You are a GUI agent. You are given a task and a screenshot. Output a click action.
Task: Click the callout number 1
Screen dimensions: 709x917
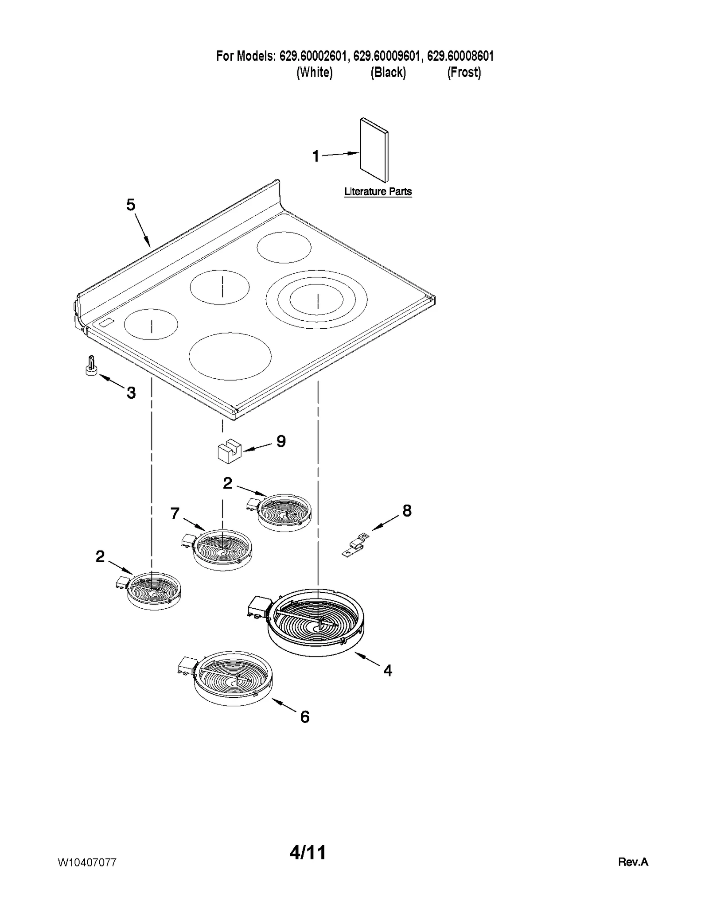point(316,156)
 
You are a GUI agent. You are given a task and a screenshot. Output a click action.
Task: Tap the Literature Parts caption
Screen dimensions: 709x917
point(378,192)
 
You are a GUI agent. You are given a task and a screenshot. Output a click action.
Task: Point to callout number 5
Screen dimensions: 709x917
point(130,205)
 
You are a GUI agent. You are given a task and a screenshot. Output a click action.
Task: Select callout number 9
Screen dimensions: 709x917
point(281,441)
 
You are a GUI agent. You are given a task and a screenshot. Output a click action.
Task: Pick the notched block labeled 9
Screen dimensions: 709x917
point(229,451)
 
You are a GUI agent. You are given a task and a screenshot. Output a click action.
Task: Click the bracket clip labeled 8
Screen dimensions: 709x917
point(355,545)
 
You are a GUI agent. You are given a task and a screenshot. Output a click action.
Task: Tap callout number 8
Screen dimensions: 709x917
point(407,511)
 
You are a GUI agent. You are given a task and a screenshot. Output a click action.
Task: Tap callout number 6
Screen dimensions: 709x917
point(304,717)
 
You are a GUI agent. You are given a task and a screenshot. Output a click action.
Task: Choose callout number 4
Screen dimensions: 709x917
point(388,671)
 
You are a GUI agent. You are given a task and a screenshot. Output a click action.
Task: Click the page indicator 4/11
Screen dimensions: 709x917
point(308,852)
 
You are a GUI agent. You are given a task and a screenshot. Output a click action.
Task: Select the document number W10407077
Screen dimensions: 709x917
point(87,862)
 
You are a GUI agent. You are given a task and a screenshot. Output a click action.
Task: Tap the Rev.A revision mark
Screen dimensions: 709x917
point(633,862)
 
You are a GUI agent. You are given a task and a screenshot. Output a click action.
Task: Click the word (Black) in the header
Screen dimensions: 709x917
point(388,72)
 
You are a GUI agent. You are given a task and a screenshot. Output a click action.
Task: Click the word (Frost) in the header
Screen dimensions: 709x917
point(464,72)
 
